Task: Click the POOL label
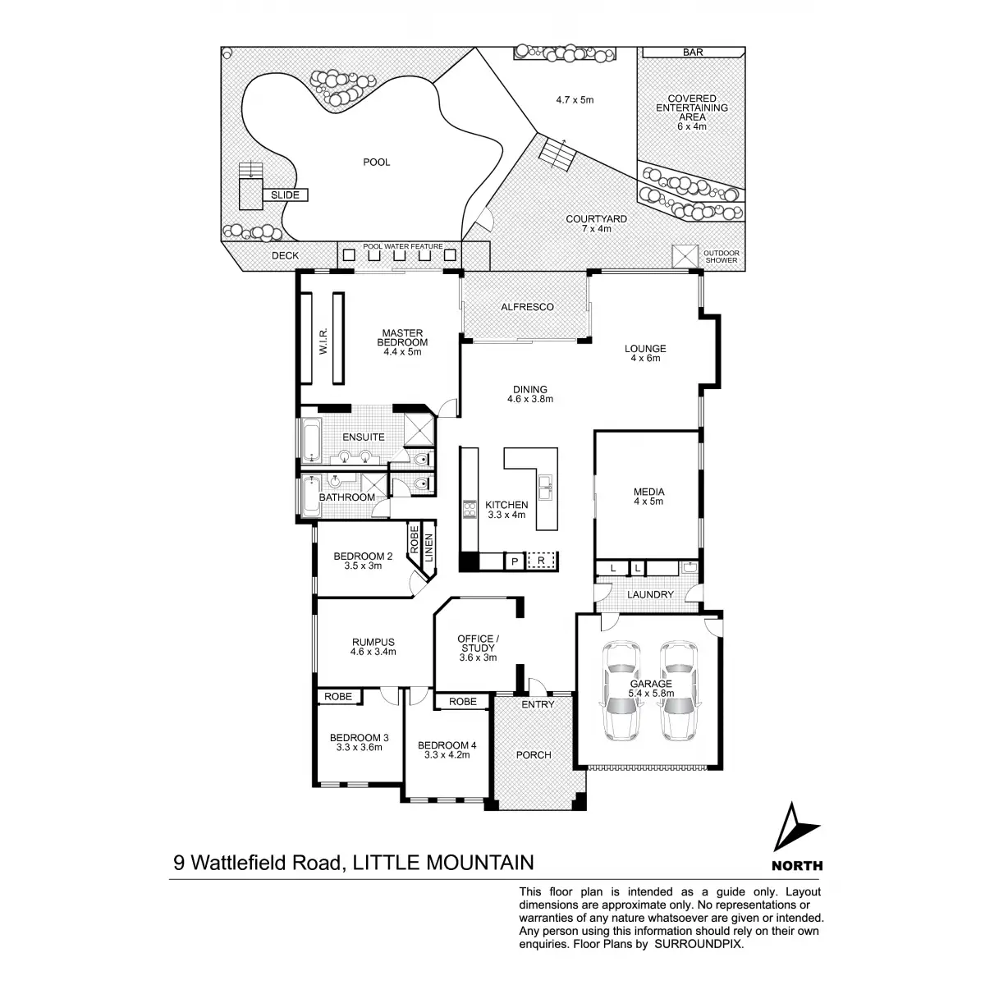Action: click(x=377, y=162)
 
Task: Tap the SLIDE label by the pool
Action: click(x=286, y=195)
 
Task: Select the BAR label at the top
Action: click(x=693, y=53)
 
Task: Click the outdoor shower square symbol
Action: click(x=683, y=256)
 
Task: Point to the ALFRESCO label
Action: click(x=527, y=307)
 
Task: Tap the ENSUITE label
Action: click(x=364, y=438)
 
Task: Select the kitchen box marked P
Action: click(x=514, y=561)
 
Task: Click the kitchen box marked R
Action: click(x=541, y=561)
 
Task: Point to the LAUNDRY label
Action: click(x=650, y=594)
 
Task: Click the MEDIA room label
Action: click(x=648, y=492)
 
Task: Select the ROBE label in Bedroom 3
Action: click(x=338, y=696)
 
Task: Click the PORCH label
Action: click(x=534, y=754)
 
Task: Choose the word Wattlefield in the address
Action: click(x=264, y=863)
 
